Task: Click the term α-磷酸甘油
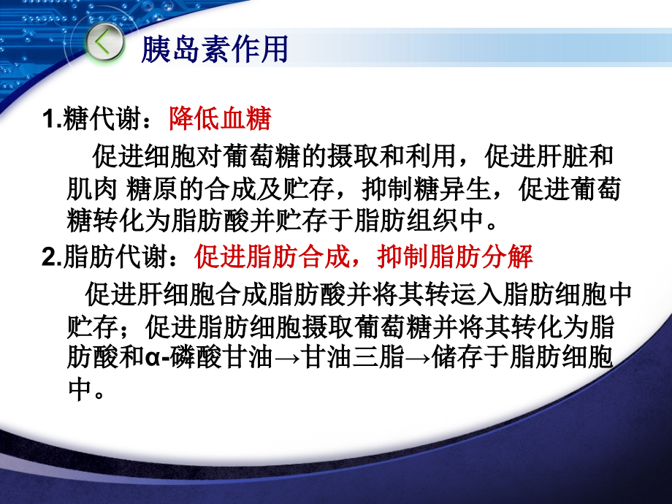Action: [209, 357]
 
